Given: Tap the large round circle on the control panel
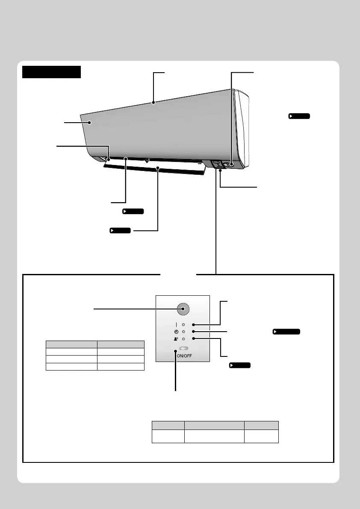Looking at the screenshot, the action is point(183,309).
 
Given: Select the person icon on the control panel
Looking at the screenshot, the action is point(176,339).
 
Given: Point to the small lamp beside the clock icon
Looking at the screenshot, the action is point(183,332).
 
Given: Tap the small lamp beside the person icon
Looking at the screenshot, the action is point(183,339).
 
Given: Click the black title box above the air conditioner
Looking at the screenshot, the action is point(51,72).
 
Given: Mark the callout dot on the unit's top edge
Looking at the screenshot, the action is point(153,103).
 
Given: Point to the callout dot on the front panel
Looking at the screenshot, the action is point(90,123).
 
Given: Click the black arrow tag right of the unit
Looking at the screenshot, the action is point(299,116).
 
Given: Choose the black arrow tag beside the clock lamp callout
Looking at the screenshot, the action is point(286,331).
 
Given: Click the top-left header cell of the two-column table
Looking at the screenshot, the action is point(71,343).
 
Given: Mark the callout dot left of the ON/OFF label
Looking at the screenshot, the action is point(176,351).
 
